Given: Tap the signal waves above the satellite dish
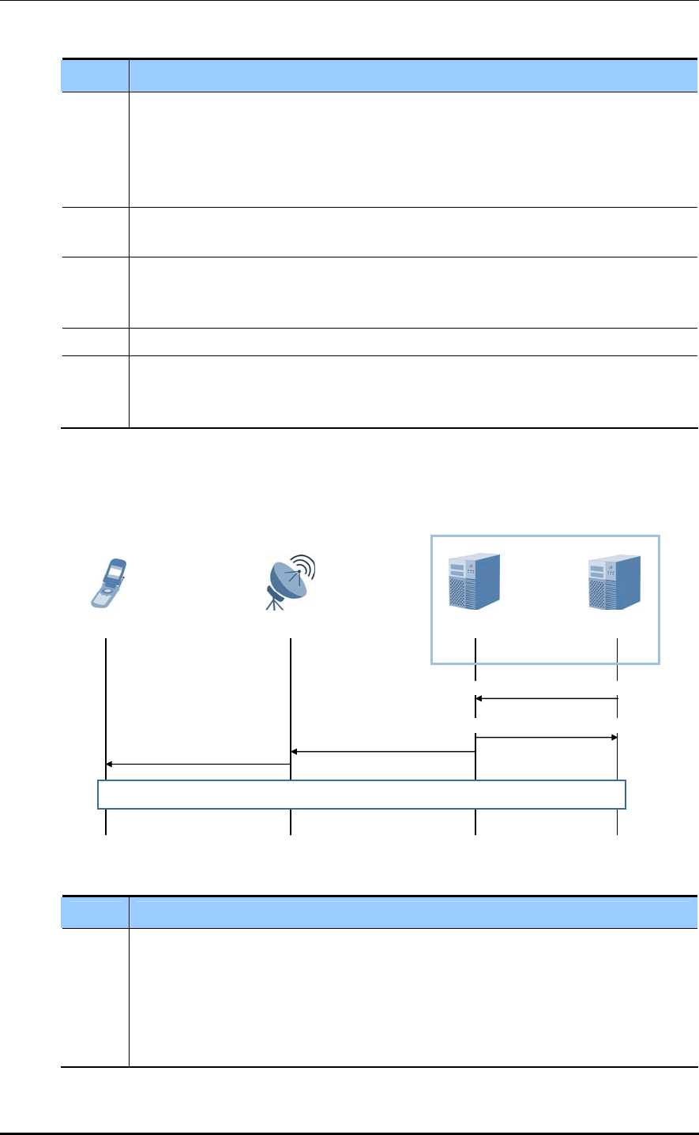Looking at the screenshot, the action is pyautogui.click(x=304, y=567).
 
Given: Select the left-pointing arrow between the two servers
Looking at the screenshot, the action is pyautogui.click(x=546, y=698).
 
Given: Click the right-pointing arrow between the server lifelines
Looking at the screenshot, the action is pyautogui.click(x=546, y=737).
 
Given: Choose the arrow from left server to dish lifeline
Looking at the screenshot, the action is pyautogui.click(x=383, y=751).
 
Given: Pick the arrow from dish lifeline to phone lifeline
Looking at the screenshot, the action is pyautogui.click(x=198, y=764).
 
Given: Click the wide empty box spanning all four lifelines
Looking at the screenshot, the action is pyautogui.click(x=362, y=795).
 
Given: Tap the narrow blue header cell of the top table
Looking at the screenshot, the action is pyautogui.click(x=95, y=76).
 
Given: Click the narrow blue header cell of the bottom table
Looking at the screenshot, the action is pyautogui.click(x=95, y=912).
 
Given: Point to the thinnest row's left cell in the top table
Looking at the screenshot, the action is pyautogui.click(x=95, y=341).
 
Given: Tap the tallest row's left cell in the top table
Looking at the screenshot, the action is pyautogui.click(x=95, y=149).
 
